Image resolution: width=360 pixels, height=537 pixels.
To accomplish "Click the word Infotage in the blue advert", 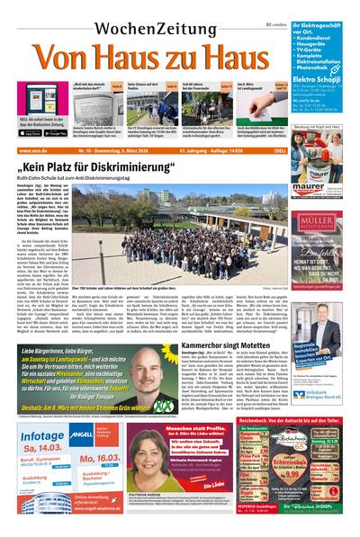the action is tap(41, 435).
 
